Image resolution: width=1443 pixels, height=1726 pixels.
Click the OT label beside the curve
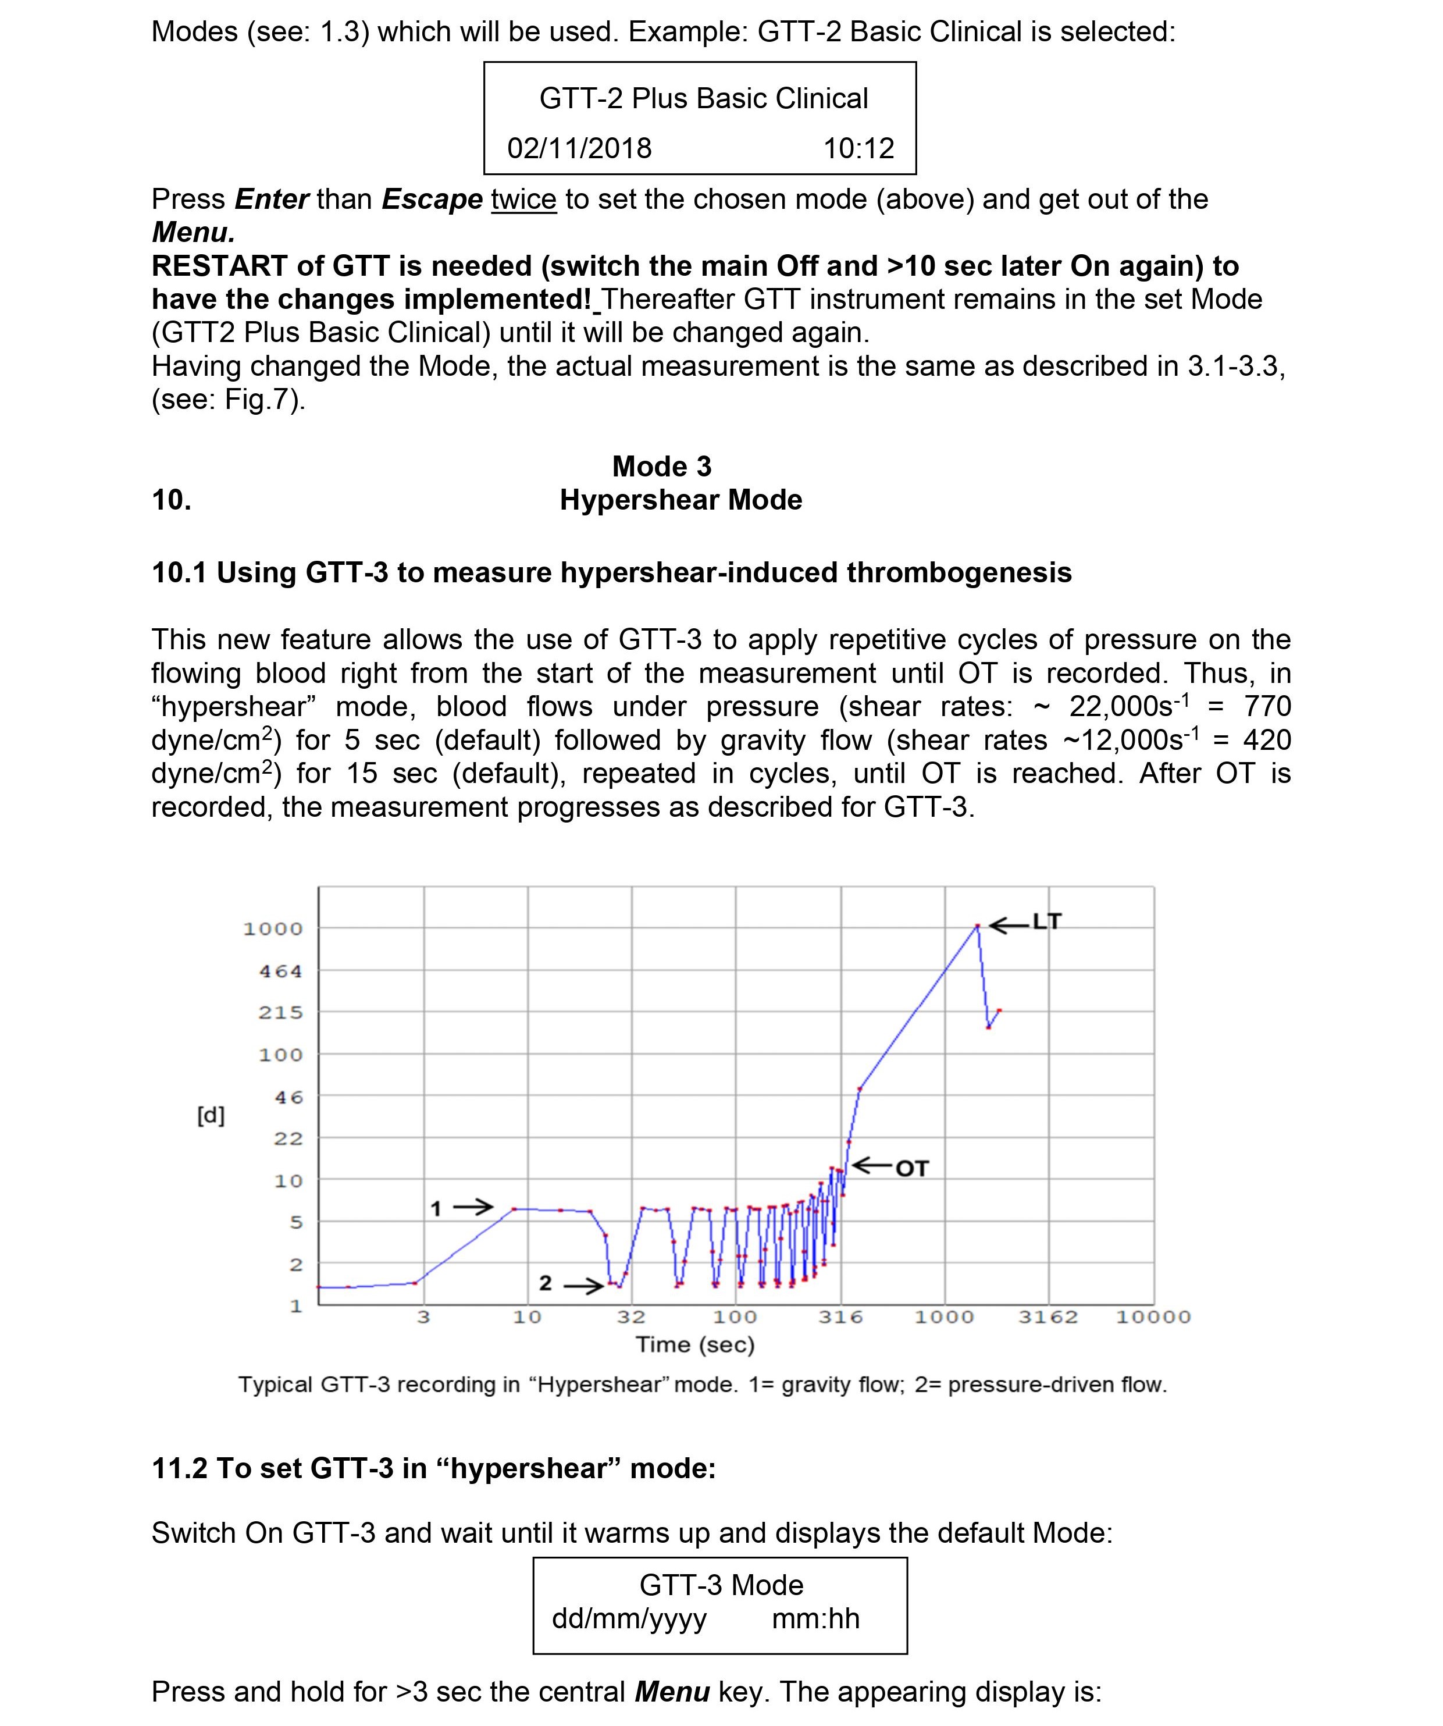pos(911,1169)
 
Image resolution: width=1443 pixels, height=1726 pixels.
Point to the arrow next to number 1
pos(473,1207)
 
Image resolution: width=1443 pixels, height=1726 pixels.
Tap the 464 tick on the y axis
pos(281,971)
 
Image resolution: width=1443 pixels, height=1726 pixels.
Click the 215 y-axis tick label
pos(281,1013)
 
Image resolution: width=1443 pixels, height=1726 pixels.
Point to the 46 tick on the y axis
pos(288,1097)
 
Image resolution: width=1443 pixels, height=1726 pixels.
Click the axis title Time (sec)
pos(695,1344)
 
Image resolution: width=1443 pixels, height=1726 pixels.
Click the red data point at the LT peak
pos(977,926)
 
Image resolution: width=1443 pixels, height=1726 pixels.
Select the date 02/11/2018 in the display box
pos(579,149)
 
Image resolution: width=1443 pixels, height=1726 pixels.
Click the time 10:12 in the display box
pos(858,149)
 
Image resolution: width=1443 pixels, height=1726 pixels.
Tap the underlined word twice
pos(523,200)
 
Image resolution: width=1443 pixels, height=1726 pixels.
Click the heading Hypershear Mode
pos(680,500)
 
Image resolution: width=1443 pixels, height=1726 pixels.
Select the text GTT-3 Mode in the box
pos(721,1585)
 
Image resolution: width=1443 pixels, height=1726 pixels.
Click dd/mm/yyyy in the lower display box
pos(629,1618)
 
